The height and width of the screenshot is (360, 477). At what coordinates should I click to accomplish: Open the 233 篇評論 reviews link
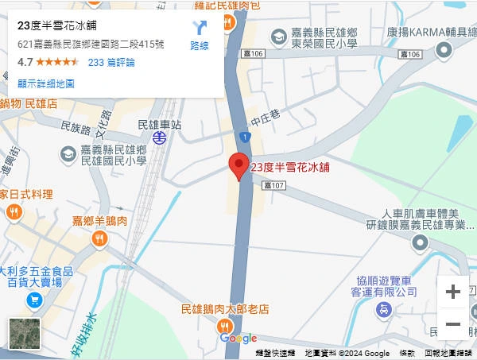pos(111,62)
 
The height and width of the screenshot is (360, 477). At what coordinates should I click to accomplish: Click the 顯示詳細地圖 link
pos(46,83)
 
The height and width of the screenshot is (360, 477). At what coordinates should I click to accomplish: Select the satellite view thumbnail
pos(24,333)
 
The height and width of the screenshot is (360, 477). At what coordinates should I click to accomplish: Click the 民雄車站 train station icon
pos(160,137)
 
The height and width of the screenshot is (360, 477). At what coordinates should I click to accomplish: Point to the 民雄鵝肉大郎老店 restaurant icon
pos(225,326)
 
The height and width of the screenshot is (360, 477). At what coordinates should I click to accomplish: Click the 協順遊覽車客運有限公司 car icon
pos(384,310)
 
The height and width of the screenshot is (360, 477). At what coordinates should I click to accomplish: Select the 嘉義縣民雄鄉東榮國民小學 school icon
pos(278,36)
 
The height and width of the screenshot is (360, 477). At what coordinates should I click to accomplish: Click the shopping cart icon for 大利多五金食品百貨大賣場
pos(33,300)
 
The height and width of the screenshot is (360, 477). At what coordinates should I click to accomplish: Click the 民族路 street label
pos(76,126)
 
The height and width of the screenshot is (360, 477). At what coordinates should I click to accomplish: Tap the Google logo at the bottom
pos(238,339)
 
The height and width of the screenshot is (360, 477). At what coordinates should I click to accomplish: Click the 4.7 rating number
pos(25,62)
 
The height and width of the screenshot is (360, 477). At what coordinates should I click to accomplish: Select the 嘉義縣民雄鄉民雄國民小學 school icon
pos(68,153)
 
